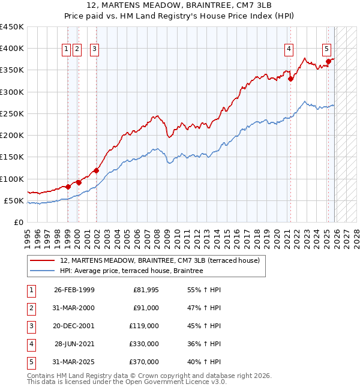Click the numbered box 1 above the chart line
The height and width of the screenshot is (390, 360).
click(67, 50)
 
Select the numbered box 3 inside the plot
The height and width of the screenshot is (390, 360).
click(95, 50)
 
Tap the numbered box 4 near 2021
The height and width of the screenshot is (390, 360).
click(289, 50)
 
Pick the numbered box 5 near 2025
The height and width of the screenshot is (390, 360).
click(326, 50)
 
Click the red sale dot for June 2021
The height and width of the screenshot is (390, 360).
click(290, 78)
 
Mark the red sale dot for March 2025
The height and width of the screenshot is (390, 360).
click(328, 61)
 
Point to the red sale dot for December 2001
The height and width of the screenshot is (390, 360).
click(96, 170)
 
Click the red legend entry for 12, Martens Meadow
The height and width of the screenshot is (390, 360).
click(160, 260)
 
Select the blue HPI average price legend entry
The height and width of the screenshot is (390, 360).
click(131, 271)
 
